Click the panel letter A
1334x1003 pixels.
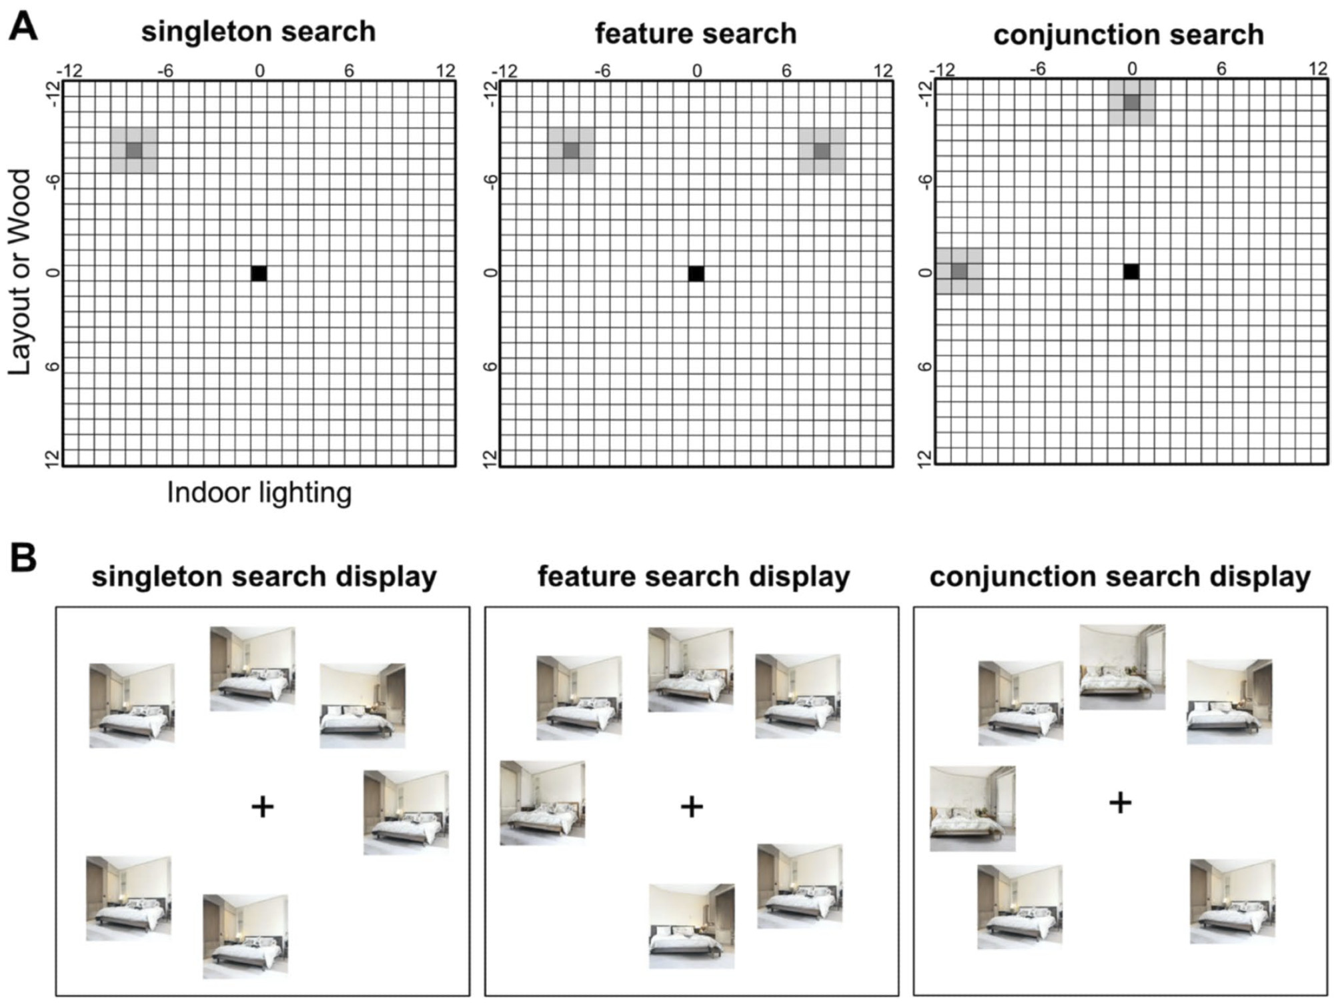23,28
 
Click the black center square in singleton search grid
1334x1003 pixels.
259,273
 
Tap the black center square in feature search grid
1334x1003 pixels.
696,273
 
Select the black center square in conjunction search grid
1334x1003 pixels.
1131,271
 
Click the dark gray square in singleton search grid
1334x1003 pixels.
134,150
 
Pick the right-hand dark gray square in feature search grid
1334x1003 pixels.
822,151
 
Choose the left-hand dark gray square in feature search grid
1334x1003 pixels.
571,151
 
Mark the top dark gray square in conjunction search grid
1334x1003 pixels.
1131,103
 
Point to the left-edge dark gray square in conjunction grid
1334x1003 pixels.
959,271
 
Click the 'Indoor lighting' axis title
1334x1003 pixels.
259,493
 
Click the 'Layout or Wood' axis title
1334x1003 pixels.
20,271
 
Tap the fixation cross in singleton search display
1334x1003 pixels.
263,808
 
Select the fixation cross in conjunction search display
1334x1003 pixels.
1121,803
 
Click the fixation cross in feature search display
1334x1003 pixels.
692,807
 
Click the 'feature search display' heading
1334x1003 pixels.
694,576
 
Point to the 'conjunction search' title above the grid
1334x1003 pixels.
1129,35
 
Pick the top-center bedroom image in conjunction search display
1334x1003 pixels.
1123,667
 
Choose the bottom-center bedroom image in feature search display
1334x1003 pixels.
692,926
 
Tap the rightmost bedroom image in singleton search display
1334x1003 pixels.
406,812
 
